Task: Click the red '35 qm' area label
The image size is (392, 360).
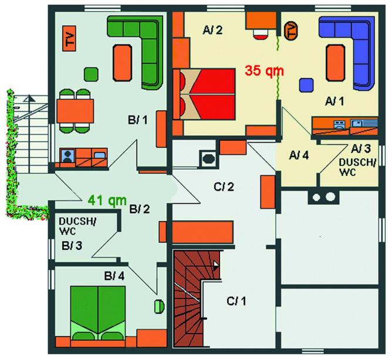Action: [265, 71]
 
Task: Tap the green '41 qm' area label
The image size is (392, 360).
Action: [107, 201]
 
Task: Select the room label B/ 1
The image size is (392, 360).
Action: [138, 120]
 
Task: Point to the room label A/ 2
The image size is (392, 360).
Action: [212, 30]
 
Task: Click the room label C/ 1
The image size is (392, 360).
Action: [236, 301]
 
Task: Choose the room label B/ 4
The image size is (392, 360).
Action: [114, 276]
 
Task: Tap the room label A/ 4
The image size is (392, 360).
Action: [299, 155]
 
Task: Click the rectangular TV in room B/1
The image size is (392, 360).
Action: [69, 39]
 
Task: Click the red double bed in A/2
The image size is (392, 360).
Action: [204, 94]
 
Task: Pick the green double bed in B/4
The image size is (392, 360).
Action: [98, 313]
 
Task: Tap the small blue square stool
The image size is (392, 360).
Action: [306, 85]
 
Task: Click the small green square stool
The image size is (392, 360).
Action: [91, 74]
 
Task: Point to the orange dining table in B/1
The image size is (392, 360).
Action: [75, 111]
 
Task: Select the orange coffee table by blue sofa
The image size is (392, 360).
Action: [336, 63]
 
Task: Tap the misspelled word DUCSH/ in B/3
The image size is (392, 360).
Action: [77, 222]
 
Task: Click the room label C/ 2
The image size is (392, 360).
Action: [224, 186]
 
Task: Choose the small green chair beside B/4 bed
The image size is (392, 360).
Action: [159, 306]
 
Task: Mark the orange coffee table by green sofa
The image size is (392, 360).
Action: [123, 63]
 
